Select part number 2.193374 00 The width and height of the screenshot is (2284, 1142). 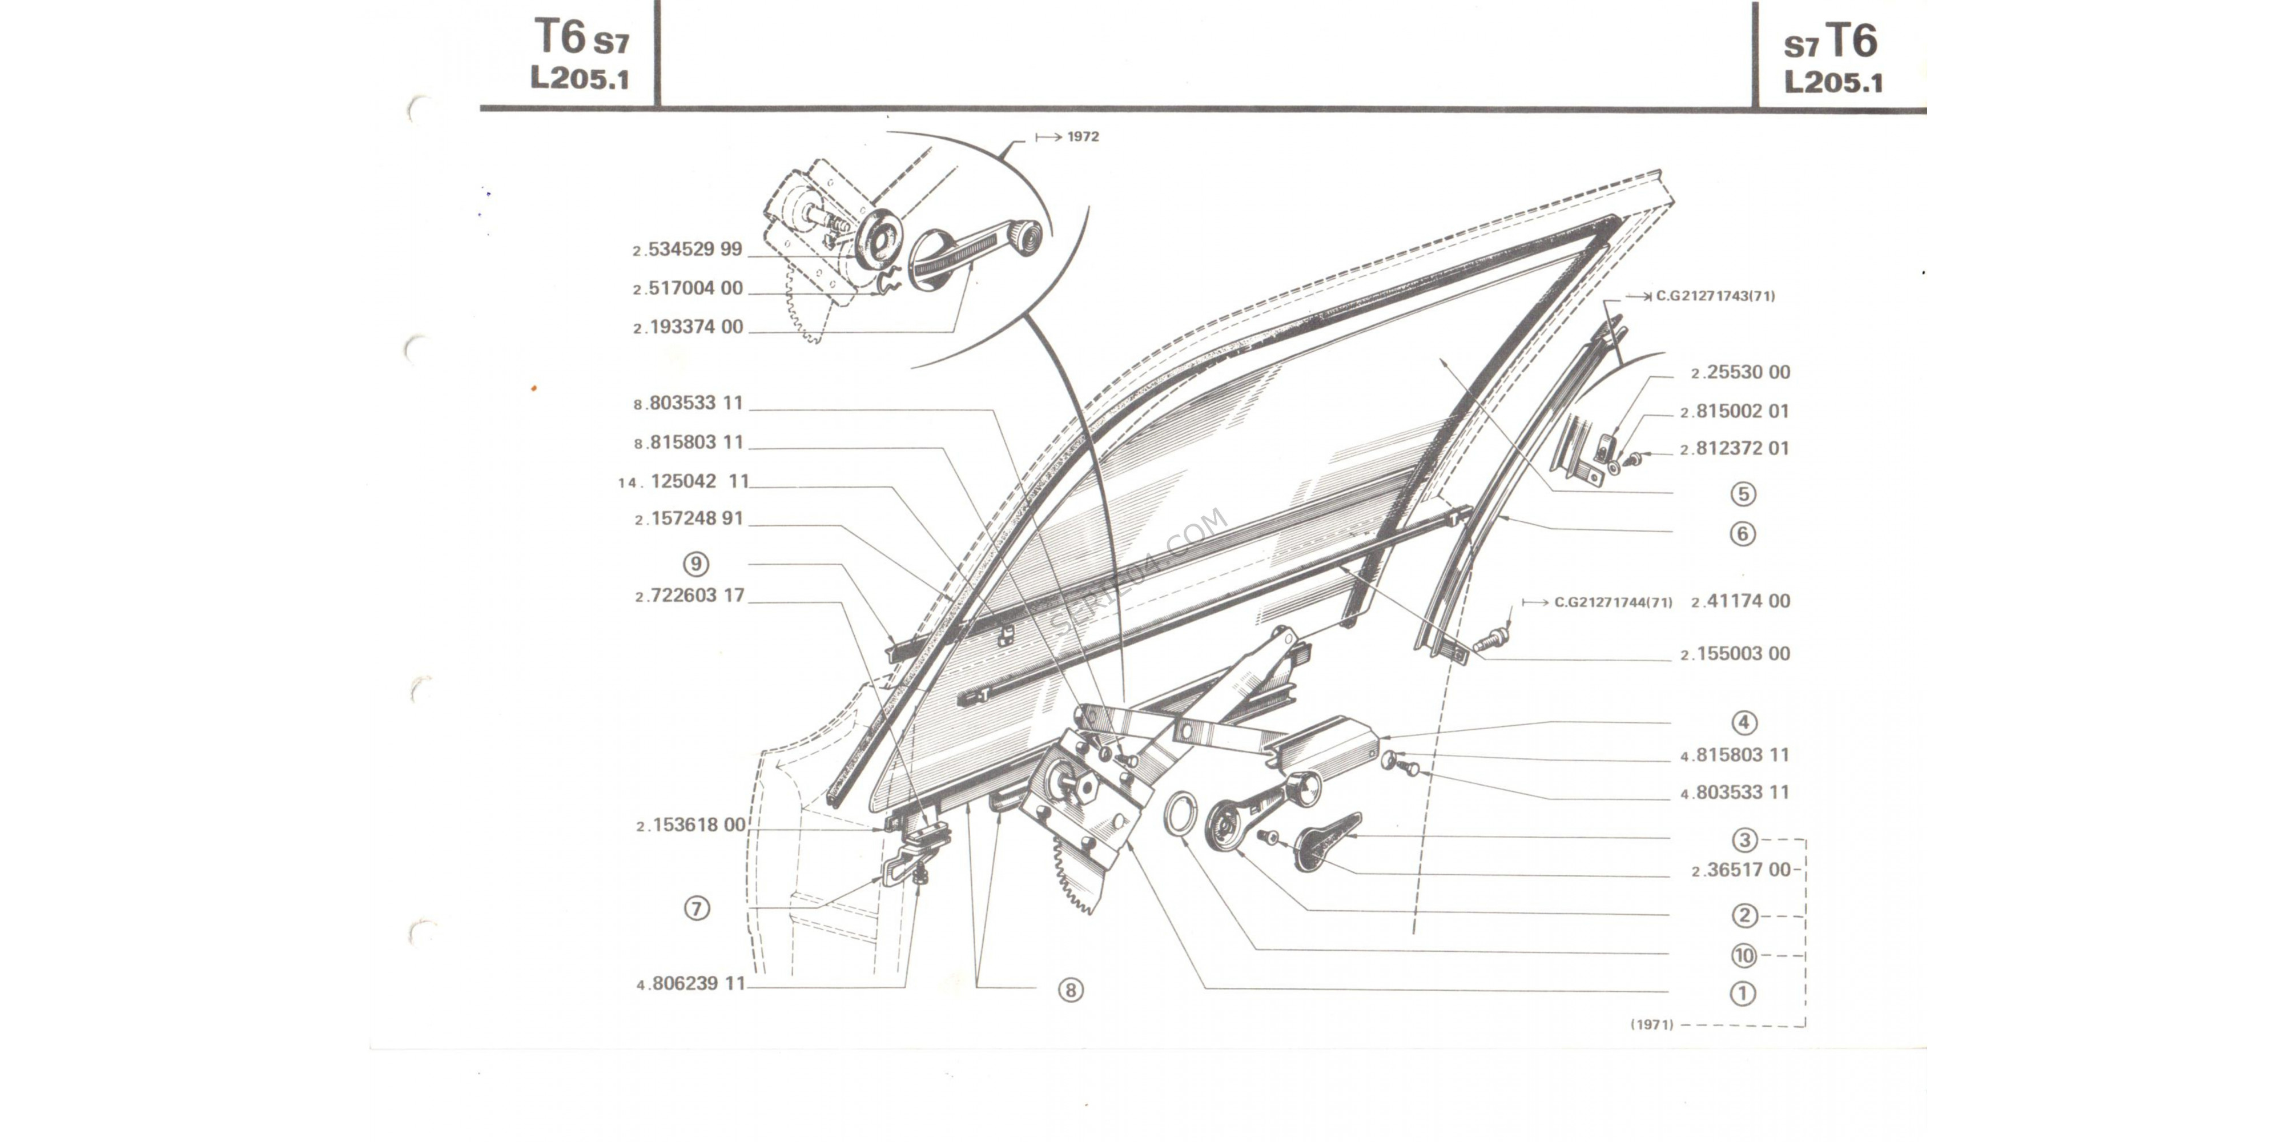[688, 327]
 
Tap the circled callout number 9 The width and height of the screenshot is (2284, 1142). [696, 564]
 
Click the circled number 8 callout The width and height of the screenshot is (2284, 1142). [1070, 990]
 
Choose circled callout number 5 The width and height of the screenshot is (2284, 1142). [1743, 494]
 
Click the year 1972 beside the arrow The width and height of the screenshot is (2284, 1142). [1083, 136]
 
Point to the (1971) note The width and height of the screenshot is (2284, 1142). [1652, 1024]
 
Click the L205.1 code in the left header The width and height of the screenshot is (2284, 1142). [580, 78]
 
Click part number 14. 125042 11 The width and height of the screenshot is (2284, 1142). [683, 481]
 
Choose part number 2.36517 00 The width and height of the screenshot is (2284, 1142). [1742, 870]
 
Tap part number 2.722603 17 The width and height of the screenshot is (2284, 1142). [690, 596]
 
